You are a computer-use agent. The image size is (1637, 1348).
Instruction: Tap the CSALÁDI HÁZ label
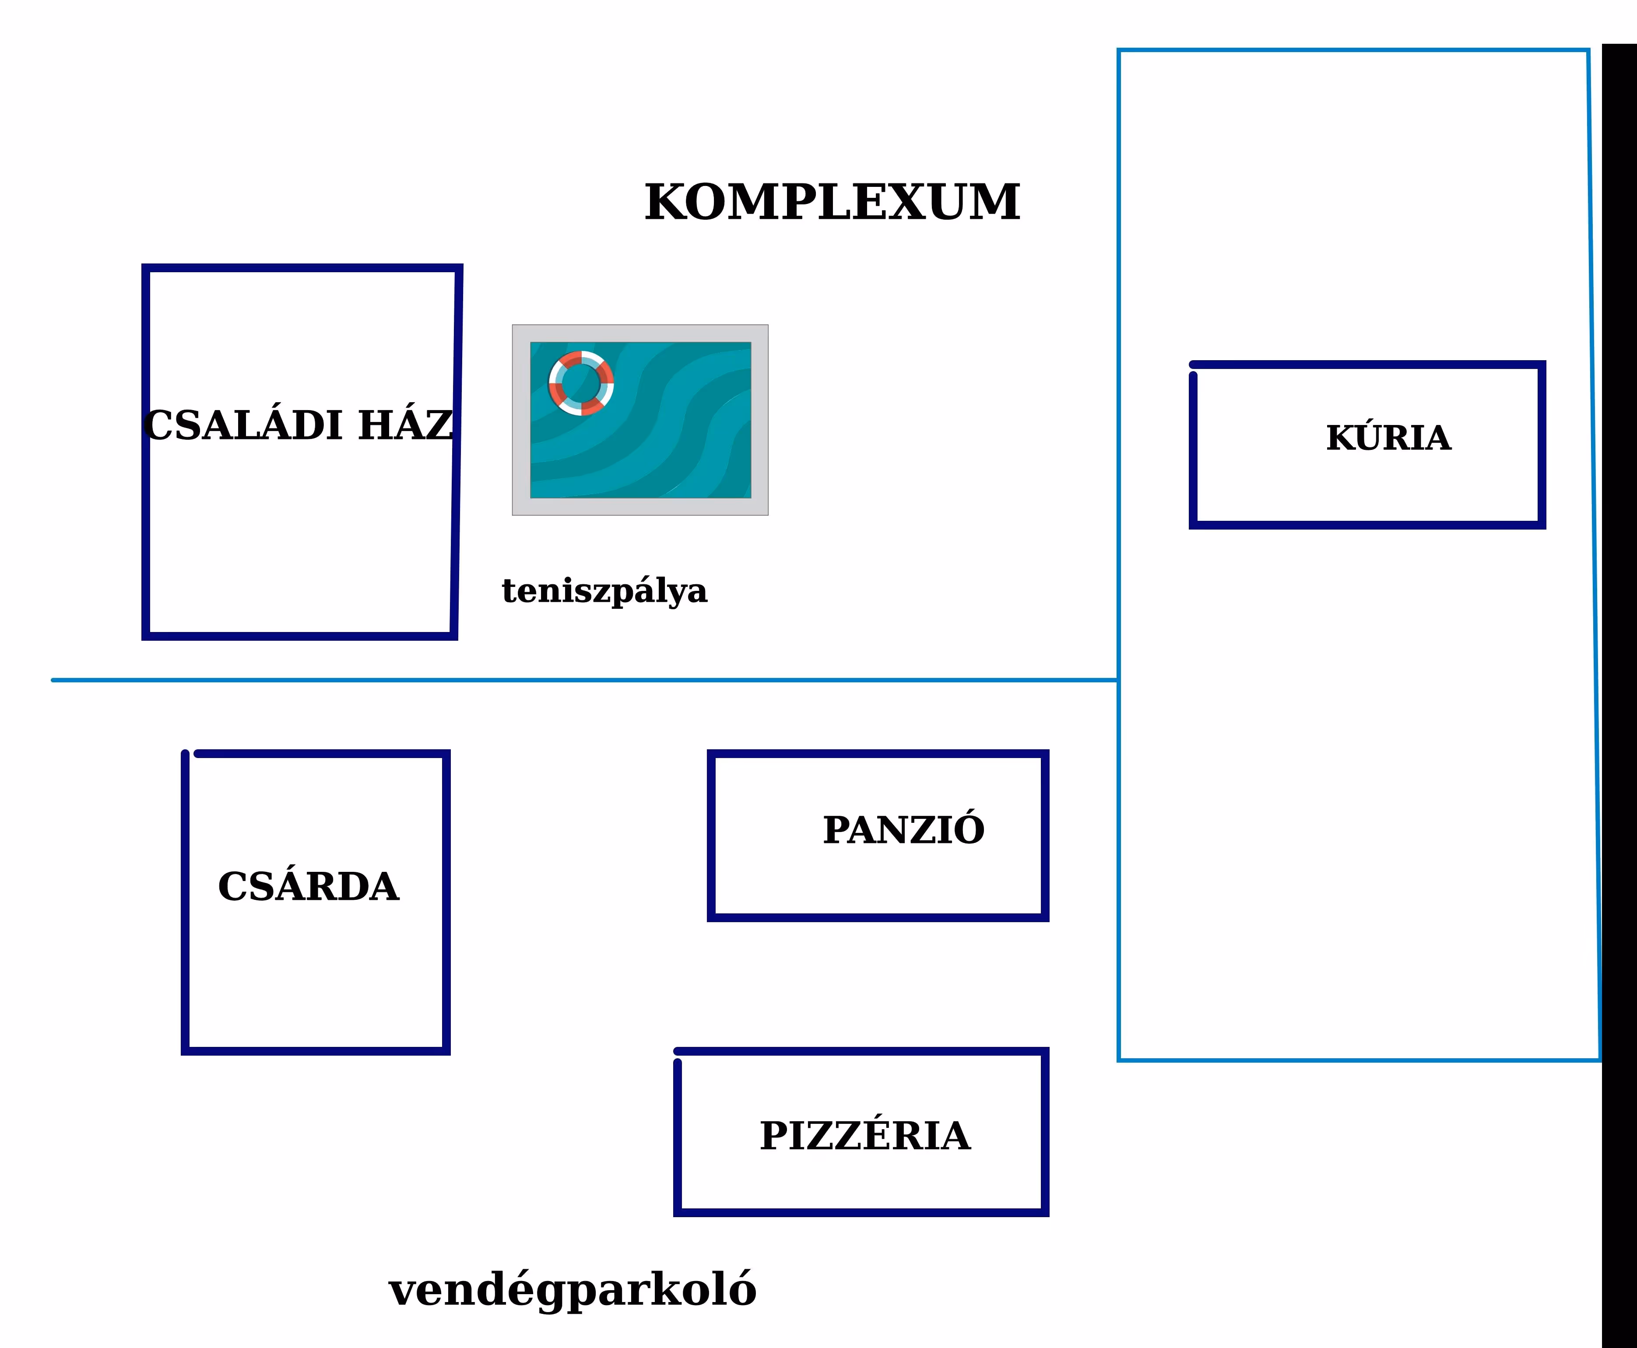coord(298,425)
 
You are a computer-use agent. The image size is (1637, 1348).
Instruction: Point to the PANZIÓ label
coord(903,830)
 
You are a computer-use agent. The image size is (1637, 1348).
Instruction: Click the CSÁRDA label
coord(308,887)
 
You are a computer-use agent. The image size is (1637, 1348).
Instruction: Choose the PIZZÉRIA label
coord(864,1136)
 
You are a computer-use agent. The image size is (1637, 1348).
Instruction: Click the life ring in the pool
coord(581,383)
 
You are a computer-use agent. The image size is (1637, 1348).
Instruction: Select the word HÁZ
coord(405,425)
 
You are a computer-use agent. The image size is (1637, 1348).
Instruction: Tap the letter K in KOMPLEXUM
coord(668,203)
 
